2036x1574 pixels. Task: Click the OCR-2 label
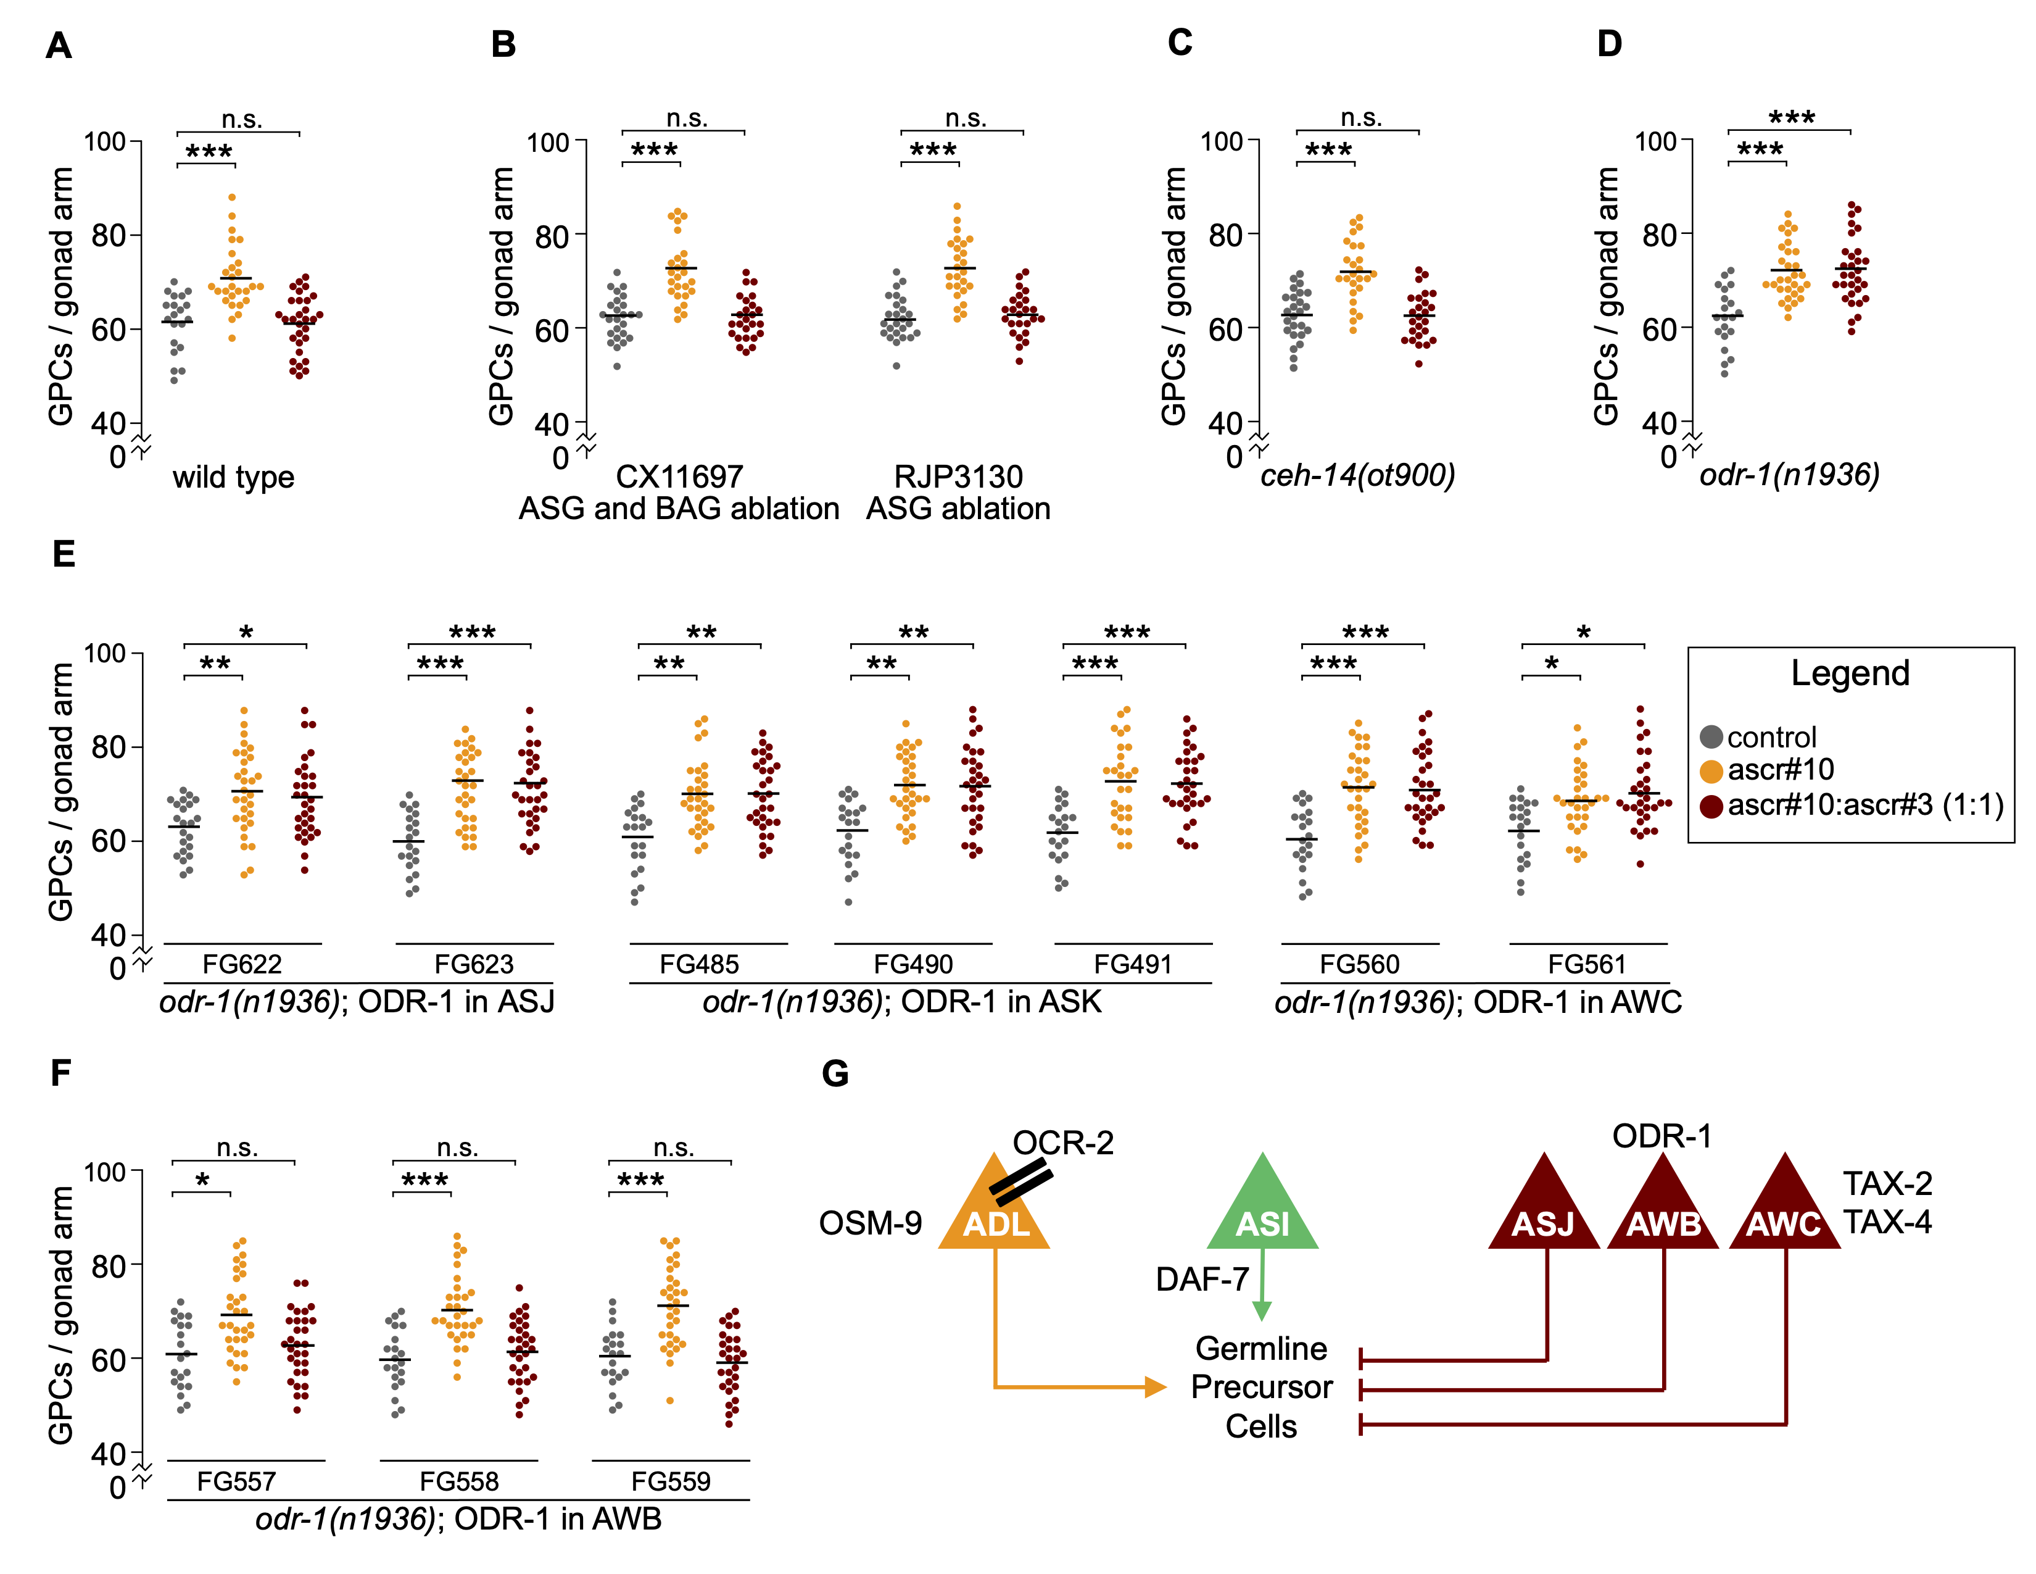(1063, 1143)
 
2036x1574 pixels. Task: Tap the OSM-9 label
(870, 1222)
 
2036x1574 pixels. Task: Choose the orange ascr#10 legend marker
(1711, 770)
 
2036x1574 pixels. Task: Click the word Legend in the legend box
(1850, 673)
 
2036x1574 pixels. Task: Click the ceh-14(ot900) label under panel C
(1357, 475)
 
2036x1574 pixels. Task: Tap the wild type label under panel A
(233, 477)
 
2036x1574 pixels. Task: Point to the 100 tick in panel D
(1656, 142)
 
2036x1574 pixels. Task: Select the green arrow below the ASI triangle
(1262, 1285)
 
